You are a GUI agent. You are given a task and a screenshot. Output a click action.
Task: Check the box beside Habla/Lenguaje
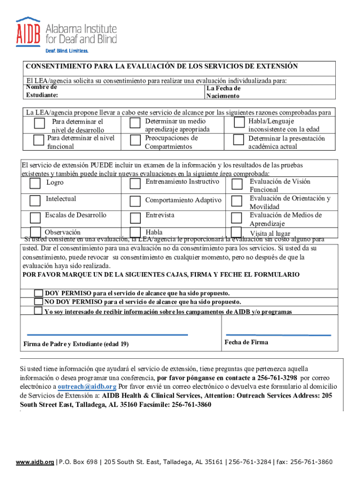[239, 123]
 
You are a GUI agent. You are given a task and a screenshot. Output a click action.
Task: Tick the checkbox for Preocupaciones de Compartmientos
[135, 140]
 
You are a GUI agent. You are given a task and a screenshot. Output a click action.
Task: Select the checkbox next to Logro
[35, 183]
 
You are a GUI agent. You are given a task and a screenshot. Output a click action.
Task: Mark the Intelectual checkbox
[35, 201]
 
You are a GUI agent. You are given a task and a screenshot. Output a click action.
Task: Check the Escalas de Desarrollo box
[35, 218]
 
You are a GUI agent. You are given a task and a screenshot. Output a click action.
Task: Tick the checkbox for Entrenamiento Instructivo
[135, 183]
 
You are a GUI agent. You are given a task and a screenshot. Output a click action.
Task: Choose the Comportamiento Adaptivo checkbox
[135, 201]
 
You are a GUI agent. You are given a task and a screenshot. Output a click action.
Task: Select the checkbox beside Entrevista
[135, 218]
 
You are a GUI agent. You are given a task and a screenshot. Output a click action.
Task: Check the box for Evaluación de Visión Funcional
[237, 183]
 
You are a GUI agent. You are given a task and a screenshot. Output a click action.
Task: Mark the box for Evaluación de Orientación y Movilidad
[237, 201]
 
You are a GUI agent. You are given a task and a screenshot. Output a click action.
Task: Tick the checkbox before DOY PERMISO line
[38, 293]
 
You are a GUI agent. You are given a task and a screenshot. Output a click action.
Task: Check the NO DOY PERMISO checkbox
[38, 302]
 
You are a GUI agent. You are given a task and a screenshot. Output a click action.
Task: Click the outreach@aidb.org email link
[87, 387]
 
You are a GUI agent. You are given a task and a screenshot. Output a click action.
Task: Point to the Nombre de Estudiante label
[42, 91]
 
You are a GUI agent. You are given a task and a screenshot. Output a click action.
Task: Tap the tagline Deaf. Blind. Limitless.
[66, 51]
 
